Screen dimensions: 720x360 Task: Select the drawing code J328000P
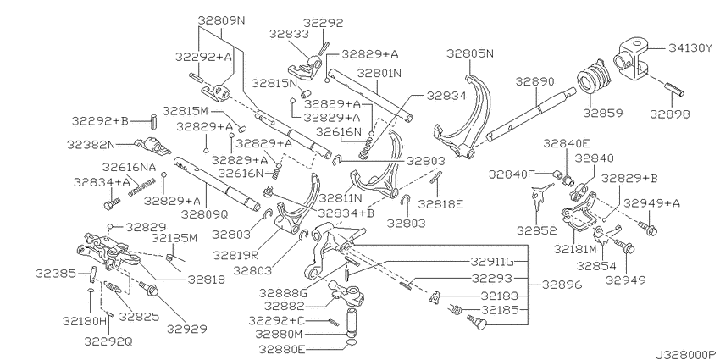686,355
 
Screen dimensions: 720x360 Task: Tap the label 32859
604,113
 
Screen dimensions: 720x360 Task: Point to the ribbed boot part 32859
592,77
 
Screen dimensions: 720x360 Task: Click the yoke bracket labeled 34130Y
631,58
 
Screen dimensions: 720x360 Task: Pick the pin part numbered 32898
674,89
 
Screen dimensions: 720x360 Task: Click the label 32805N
470,53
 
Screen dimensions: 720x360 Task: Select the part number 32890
534,81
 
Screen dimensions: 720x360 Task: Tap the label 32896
561,285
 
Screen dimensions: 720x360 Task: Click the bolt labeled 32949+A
648,227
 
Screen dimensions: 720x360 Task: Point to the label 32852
536,230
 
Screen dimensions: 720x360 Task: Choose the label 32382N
91,145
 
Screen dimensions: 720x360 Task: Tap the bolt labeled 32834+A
112,204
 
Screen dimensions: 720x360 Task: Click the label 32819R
235,254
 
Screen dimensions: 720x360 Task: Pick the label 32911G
492,262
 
